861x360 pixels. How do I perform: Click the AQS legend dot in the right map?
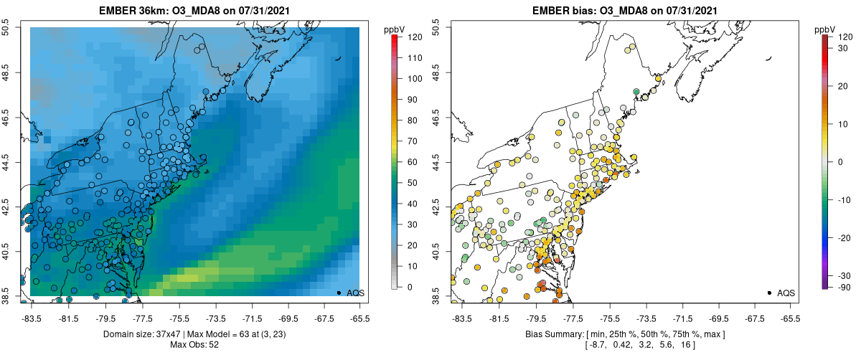tap(769, 293)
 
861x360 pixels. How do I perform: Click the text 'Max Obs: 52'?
tap(194, 345)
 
